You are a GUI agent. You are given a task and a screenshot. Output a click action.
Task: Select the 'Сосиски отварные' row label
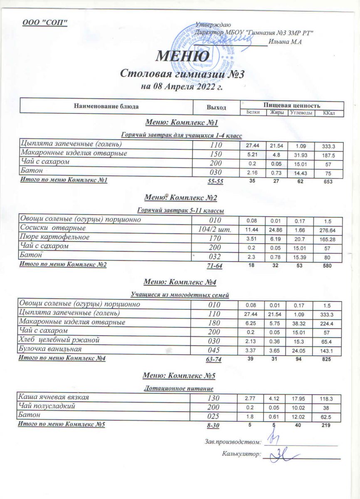click(53, 228)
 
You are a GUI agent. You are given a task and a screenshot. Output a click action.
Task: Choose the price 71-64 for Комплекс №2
click(214, 266)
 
